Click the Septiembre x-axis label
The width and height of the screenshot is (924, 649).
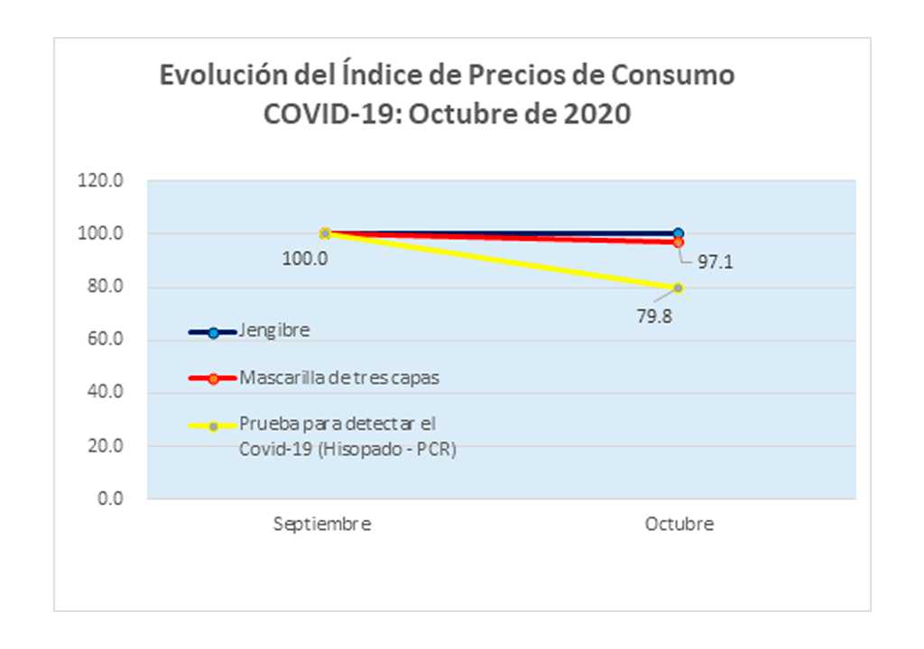tap(322, 525)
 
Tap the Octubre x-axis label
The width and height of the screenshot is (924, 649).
tap(679, 525)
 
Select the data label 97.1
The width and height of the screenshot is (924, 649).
tap(713, 263)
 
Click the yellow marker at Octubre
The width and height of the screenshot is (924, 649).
tap(679, 288)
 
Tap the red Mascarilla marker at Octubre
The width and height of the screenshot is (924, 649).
tap(679, 242)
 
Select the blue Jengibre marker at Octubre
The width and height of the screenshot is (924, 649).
tap(679, 233)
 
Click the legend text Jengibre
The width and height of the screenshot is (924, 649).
tap(274, 330)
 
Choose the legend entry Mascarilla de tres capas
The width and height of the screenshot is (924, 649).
tap(339, 378)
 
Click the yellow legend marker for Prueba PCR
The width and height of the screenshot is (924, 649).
tap(213, 426)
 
